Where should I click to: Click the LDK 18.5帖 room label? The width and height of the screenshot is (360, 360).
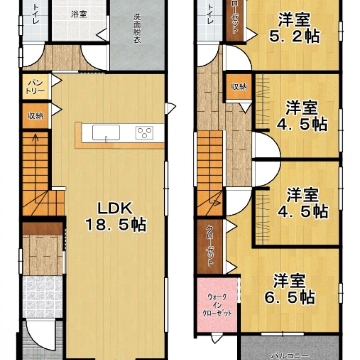pos(116,216)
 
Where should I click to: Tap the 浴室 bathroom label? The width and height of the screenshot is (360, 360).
pos(78,14)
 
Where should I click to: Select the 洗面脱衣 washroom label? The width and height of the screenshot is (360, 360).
pos(137,28)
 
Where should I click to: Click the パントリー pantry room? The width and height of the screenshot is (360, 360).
pos(36,86)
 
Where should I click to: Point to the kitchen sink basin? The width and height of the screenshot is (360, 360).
pos(106,132)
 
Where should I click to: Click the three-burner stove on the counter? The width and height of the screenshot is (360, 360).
pos(144,133)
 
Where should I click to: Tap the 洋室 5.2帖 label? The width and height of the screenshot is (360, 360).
pos(294,28)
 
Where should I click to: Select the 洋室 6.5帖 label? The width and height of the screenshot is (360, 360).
pos(289,289)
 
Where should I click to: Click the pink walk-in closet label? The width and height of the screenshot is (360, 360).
pos(217,305)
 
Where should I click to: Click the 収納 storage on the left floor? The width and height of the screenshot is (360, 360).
pos(36,116)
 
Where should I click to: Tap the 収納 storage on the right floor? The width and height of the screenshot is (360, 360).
pos(239,87)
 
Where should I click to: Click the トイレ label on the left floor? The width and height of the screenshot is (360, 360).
pos(36,14)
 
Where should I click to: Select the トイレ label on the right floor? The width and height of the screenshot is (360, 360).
pos(210,14)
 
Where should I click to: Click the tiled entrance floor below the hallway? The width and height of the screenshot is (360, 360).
pos(42,297)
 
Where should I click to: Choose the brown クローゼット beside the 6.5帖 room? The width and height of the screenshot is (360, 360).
pos(210,246)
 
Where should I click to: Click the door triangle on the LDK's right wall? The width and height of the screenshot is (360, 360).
pos(170,108)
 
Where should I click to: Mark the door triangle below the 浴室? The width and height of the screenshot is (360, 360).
pos(102,35)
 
